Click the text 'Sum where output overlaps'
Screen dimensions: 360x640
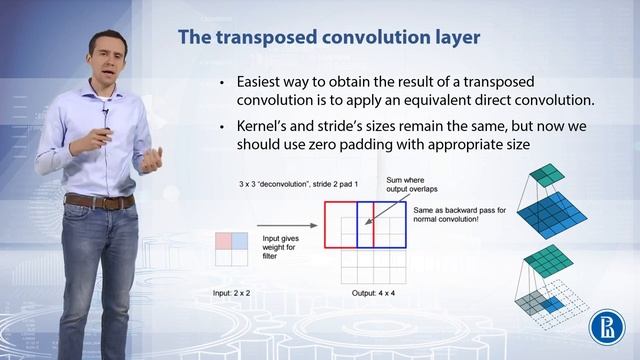pyautogui.click(x=412, y=186)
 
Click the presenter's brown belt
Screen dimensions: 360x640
pyautogui.click(x=100, y=201)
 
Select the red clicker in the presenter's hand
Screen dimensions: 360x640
pyautogui.click(x=106, y=128)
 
